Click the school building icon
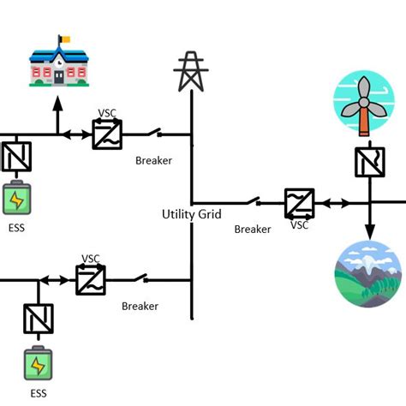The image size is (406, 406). coord(58,64)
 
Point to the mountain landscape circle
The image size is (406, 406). coord(367,273)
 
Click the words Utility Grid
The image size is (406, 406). coord(192,213)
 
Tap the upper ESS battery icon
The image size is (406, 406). coord(16,198)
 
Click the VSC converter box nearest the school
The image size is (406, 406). coord(107,134)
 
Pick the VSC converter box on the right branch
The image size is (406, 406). coord(300,204)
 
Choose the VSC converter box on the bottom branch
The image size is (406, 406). coord(91,280)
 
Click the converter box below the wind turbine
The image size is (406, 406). coord(369,161)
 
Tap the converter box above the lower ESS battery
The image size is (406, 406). coord(38,319)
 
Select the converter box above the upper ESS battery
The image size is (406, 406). coord(15,157)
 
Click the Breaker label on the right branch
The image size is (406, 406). coord(253,230)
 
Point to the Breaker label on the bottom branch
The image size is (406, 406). coord(140,306)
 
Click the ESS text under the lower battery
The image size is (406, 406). coord(39,393)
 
